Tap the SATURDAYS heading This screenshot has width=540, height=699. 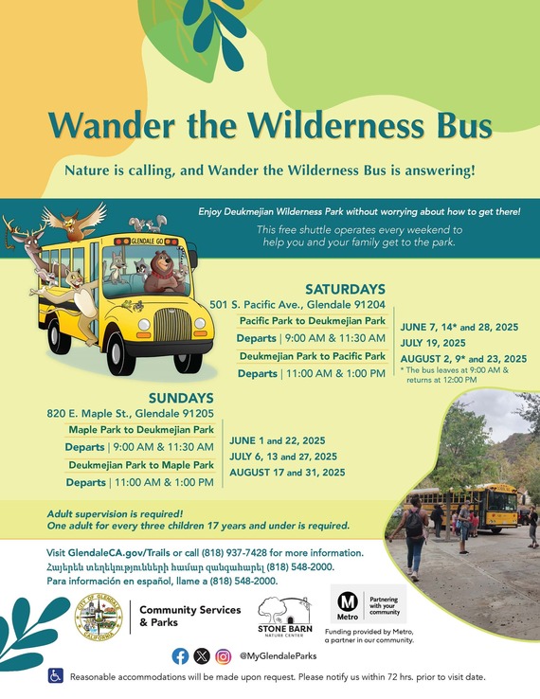pyautogui.click(x=345, y=289)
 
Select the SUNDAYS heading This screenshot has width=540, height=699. pyautogui.click(x=180, y=398)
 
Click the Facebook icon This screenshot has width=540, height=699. pyautogui.click(x=180, y=655)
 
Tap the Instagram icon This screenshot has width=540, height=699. pyautogui.click(x=223, y=655)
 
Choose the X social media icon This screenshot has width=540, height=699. pyautogui.click(x=201, y=655)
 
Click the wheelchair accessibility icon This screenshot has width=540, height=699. pyautogui.click(x=56, y=676)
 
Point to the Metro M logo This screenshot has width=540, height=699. pyautogui.click(x=347, y=604)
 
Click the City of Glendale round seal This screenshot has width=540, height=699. pyautogui.click(x=99, y=618)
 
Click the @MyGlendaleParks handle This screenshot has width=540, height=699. pyautogui.click(x=278, y=655)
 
